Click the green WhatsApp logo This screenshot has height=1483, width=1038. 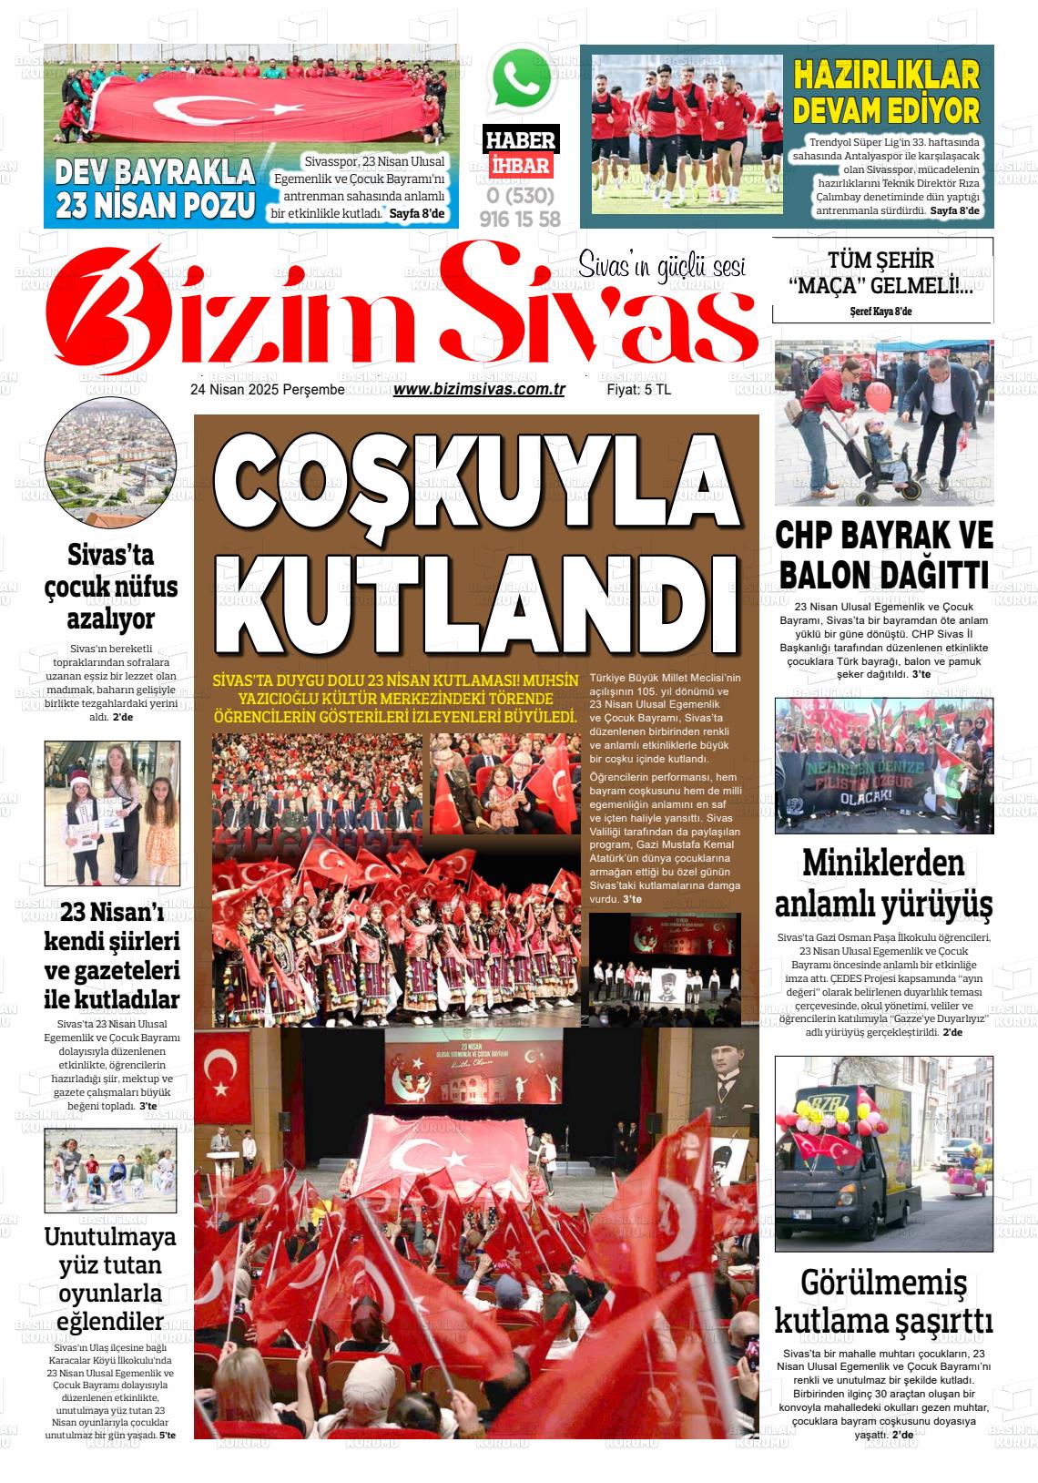(522, 79)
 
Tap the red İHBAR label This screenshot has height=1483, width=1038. (520, 166)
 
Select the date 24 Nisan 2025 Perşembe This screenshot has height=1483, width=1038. (267, 390)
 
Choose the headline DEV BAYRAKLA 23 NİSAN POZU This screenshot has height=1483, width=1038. (155, 189)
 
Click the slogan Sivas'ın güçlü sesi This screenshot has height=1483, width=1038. (662, 266)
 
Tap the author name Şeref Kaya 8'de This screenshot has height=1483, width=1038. (880, 312)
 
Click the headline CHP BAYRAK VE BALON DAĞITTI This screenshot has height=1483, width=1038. (883, 556)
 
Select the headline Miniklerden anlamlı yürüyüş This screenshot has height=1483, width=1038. (883, 884)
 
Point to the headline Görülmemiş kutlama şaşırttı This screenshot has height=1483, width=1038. (883, 1301)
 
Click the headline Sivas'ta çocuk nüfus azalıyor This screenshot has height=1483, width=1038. (111, 587)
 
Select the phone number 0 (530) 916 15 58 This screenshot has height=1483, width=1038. (520, 207)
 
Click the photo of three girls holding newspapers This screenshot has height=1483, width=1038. (112, 813)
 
